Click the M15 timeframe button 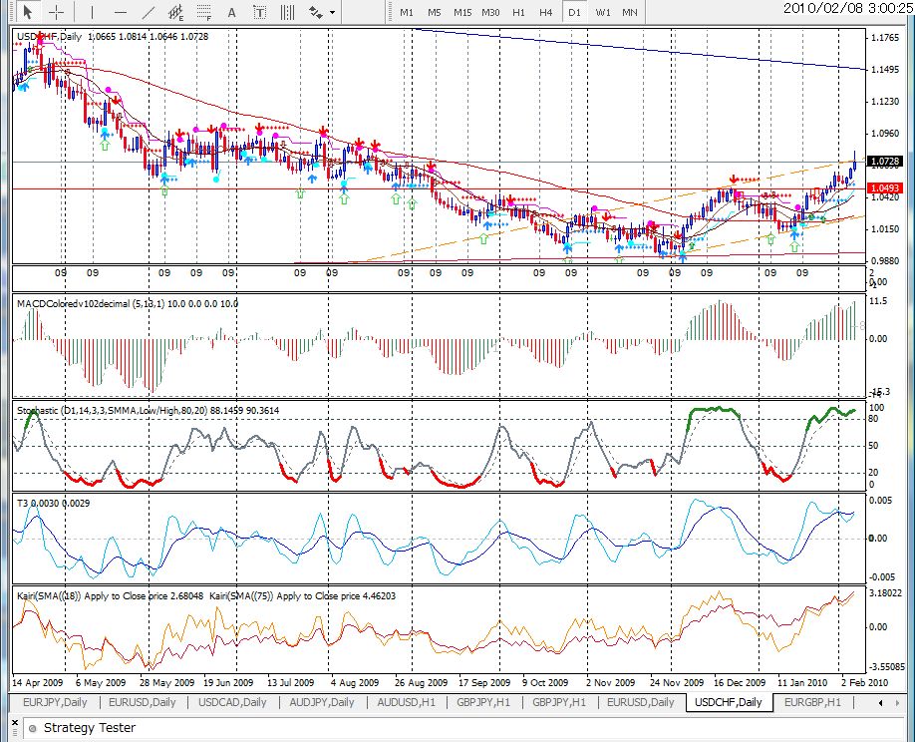(x=462, y=12)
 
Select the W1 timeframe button (x=602, y=12)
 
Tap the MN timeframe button (x=630, y=12)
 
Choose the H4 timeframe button (x=546, y=12)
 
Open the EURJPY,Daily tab (x=55, y=702)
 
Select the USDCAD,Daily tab (x=232, y=702)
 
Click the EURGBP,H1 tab (x=812, y=702)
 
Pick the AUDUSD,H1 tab (x=406, y=702)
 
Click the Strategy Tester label (x=89, y=728)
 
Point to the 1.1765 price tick (x=885, y=38)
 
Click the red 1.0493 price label (x=885, y=188)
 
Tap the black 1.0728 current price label (x=885, y=161)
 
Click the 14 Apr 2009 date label (x=39, y=683)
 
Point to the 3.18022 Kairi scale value (x=885, y=592)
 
